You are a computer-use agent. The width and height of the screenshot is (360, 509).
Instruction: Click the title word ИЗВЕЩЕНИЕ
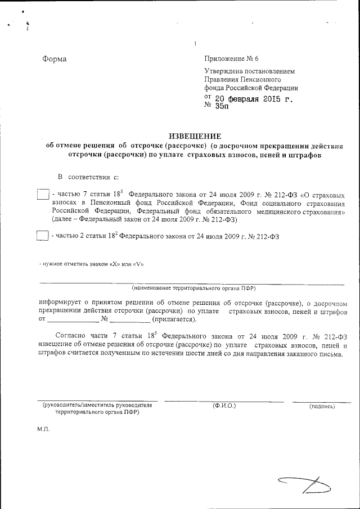195,136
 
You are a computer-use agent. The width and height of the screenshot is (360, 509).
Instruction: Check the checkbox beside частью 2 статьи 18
42,236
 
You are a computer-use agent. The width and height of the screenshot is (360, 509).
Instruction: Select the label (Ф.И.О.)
224,406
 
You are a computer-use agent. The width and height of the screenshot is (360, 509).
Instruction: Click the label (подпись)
322,406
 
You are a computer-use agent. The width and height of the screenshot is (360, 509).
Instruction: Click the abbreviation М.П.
44,429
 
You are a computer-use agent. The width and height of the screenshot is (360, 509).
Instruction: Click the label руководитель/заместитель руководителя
97,405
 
